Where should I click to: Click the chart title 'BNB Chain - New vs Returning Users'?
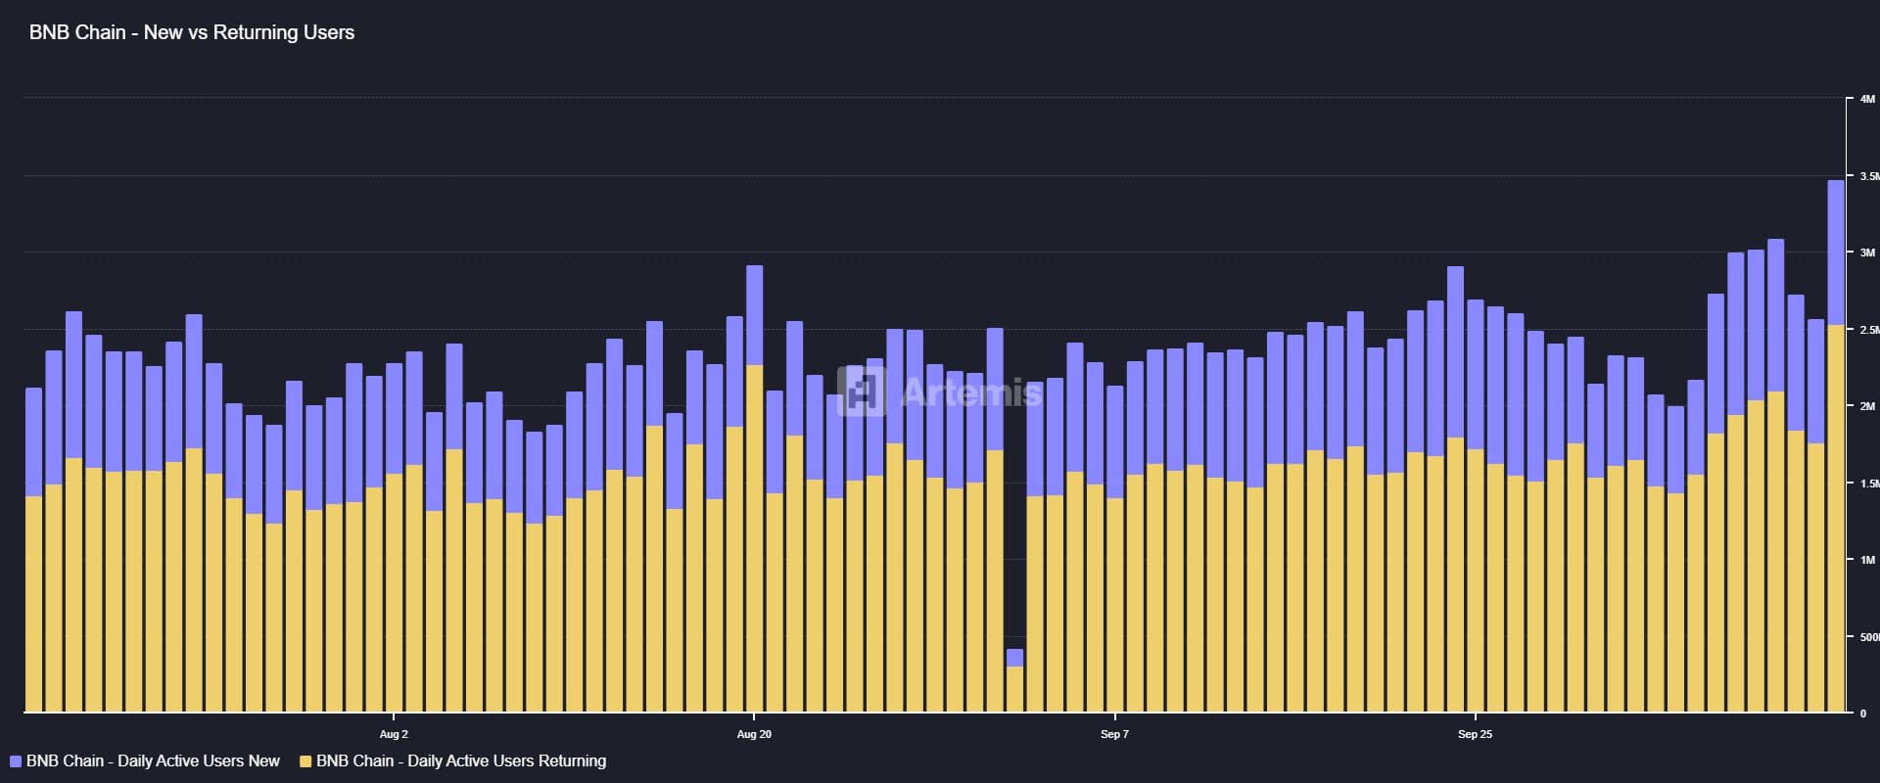click(x=192, y=32)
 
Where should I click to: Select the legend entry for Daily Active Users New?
click(x=152, y=761)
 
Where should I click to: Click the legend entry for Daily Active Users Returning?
click(x=460, y=761)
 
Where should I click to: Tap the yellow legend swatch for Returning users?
click(x=305, y=761)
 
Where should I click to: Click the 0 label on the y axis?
click(x=1863, y=714)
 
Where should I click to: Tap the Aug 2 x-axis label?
click(x=394, y=734)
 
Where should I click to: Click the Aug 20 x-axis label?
click(x=754, y=734)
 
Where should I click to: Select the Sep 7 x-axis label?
click(x=1114, y=734)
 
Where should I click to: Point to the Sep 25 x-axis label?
click(x=1475, y=734)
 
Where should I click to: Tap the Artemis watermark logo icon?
click(x=862, y=391)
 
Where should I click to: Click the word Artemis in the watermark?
click(x=971, y=393)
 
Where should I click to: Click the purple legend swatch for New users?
click(x=16, y=761)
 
